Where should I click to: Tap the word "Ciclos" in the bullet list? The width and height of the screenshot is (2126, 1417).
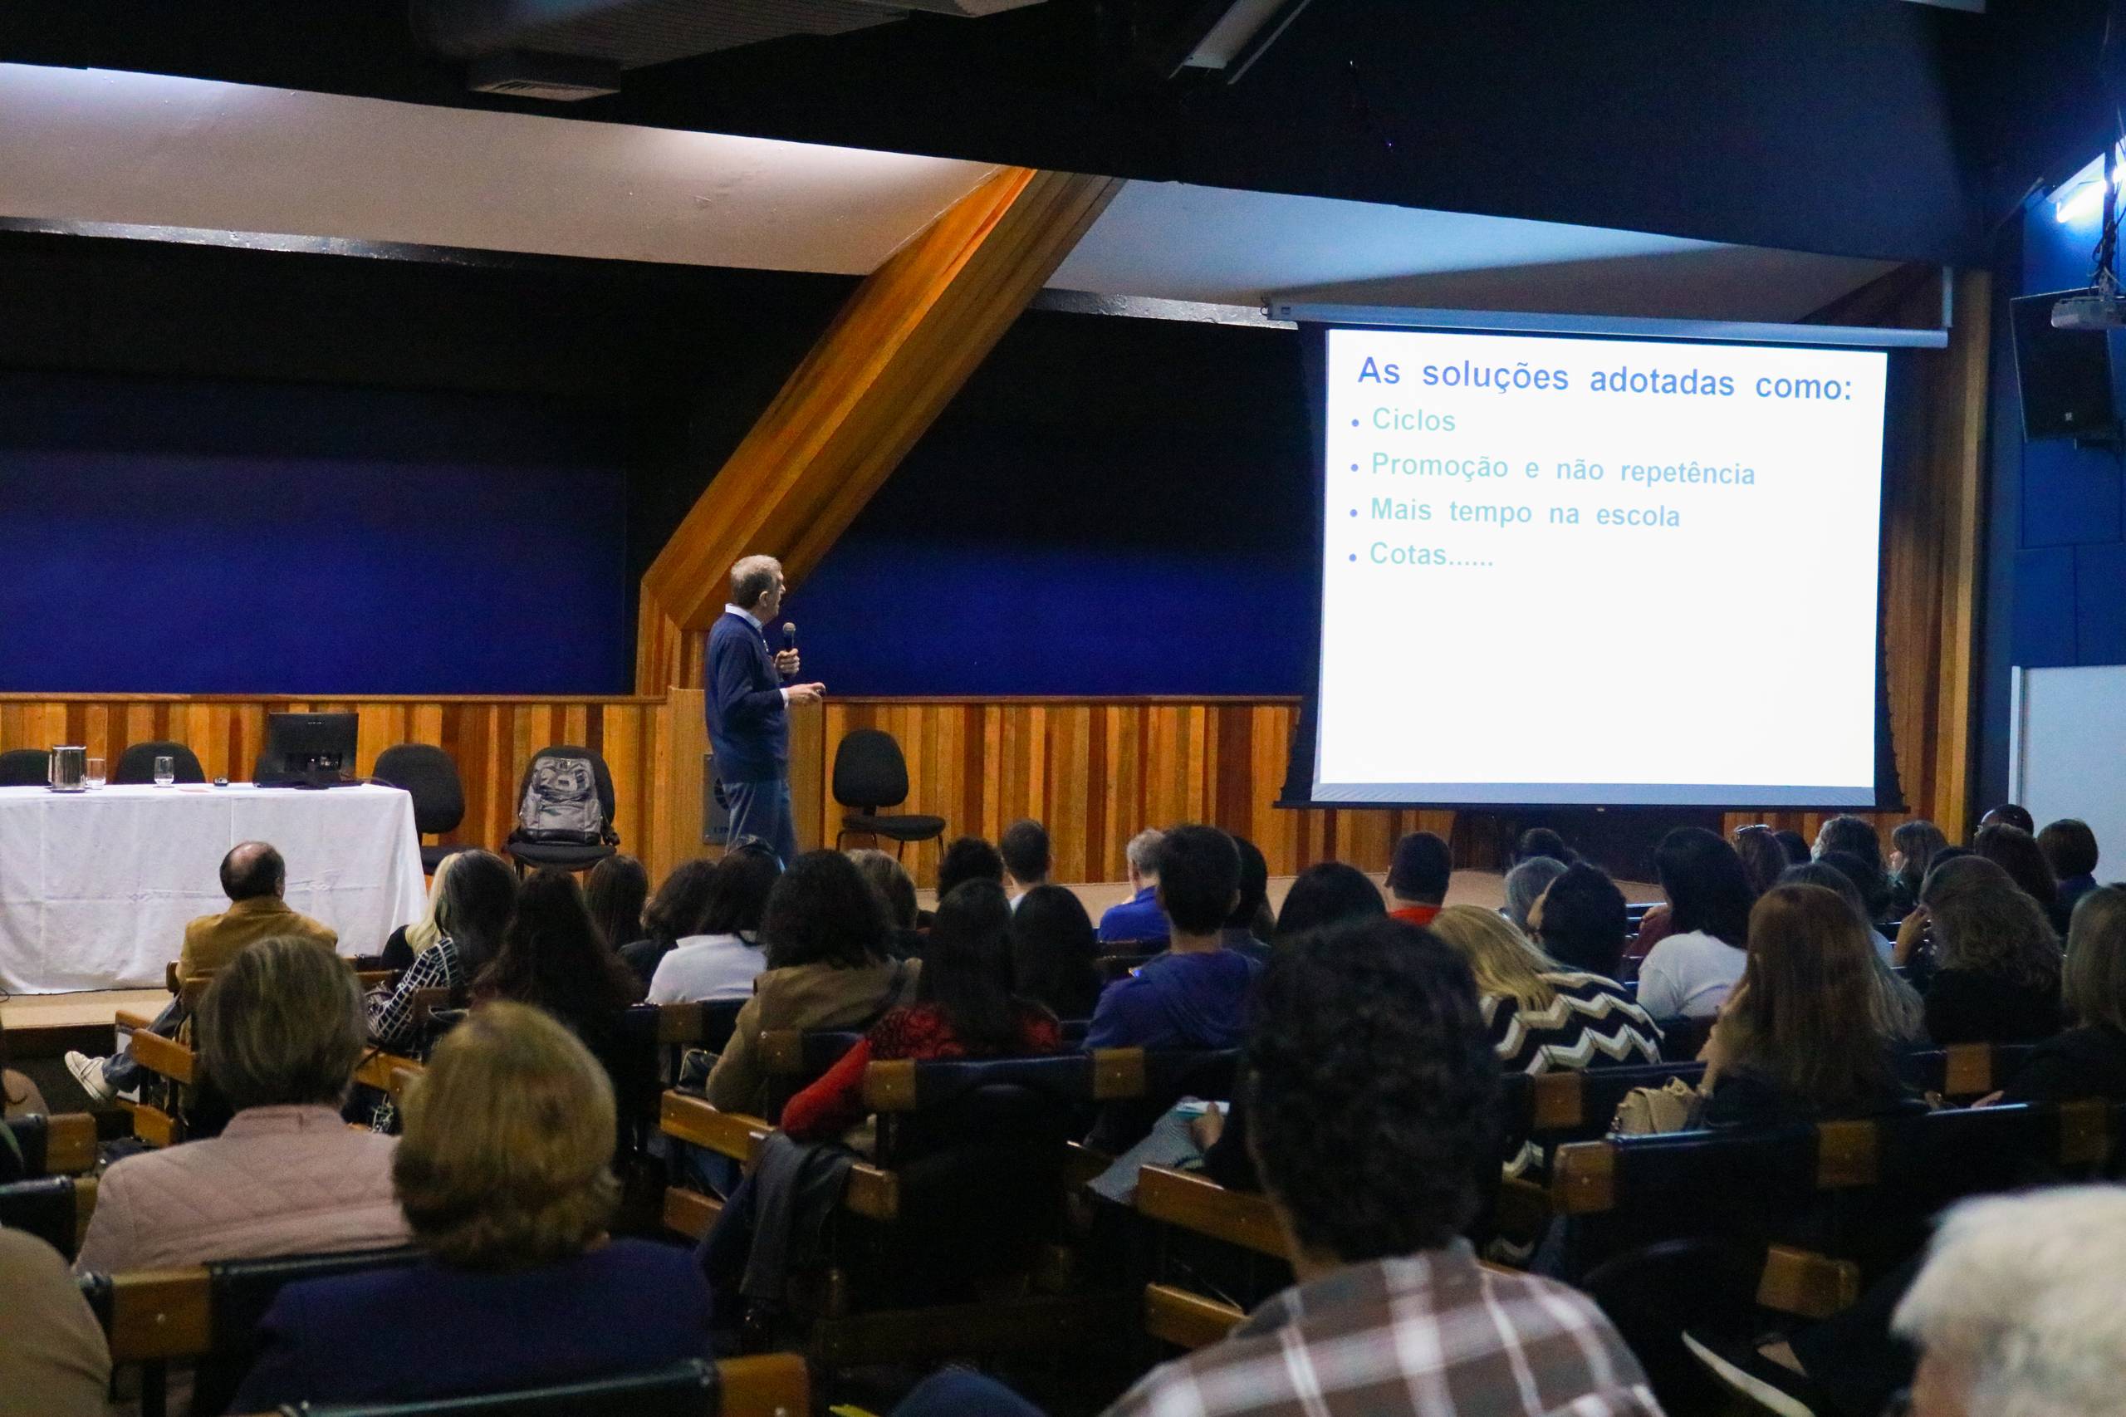pyautogui.click(x=1413, y=420)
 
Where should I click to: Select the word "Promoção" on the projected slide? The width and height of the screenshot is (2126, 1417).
pyautogui.click(x=1439, y=466)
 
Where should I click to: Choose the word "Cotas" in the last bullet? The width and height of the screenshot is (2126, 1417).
pyautogui.click(x=1408, y=553)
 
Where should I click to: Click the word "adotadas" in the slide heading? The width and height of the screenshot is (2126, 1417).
pyautogui.click(x=1662, y=381)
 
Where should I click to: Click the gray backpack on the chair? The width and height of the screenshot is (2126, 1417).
pyautogui.click(x=561, y=800)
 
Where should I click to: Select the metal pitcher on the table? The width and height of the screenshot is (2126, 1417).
pyautogui.click(x=67, y=767)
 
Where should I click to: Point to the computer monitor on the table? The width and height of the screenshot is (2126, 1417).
pyautogui.click(x=312, y=748)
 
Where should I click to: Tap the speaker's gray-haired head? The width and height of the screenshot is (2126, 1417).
pyautogui.click(x=757, y=582)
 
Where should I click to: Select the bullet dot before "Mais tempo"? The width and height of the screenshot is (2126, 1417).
pyautogui.click(x=1354, y=512)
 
